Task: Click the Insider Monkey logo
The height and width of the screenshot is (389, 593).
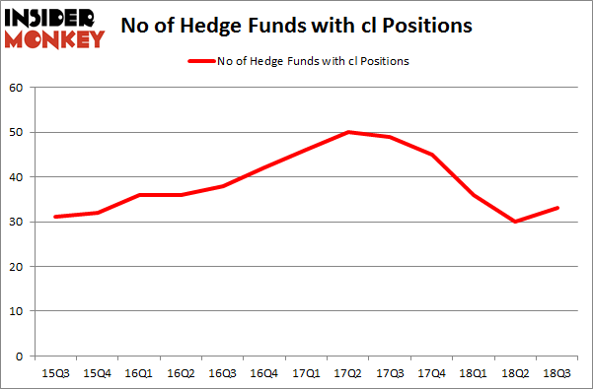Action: point(54,27)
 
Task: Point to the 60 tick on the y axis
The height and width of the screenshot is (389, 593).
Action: point(16,88)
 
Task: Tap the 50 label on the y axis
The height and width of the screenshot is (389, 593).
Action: point(16,132)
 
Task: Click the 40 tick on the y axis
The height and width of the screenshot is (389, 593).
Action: point(16,177)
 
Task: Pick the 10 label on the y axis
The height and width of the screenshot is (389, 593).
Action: point(16,311)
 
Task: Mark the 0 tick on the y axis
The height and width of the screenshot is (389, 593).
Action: point(19,356)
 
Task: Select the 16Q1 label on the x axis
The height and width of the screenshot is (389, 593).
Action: point(141,372)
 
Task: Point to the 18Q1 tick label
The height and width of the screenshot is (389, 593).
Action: point(474,372)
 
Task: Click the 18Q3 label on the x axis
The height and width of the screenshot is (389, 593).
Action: point(556,372)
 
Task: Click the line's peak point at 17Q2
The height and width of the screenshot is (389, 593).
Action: point(348,132)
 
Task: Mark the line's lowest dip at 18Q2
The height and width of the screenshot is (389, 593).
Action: point(515,222)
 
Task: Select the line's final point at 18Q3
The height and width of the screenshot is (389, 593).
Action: point(556,208)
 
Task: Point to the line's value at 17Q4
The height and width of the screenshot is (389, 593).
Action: point(432,155)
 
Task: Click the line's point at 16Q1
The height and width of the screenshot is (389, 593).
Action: point(141,195)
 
